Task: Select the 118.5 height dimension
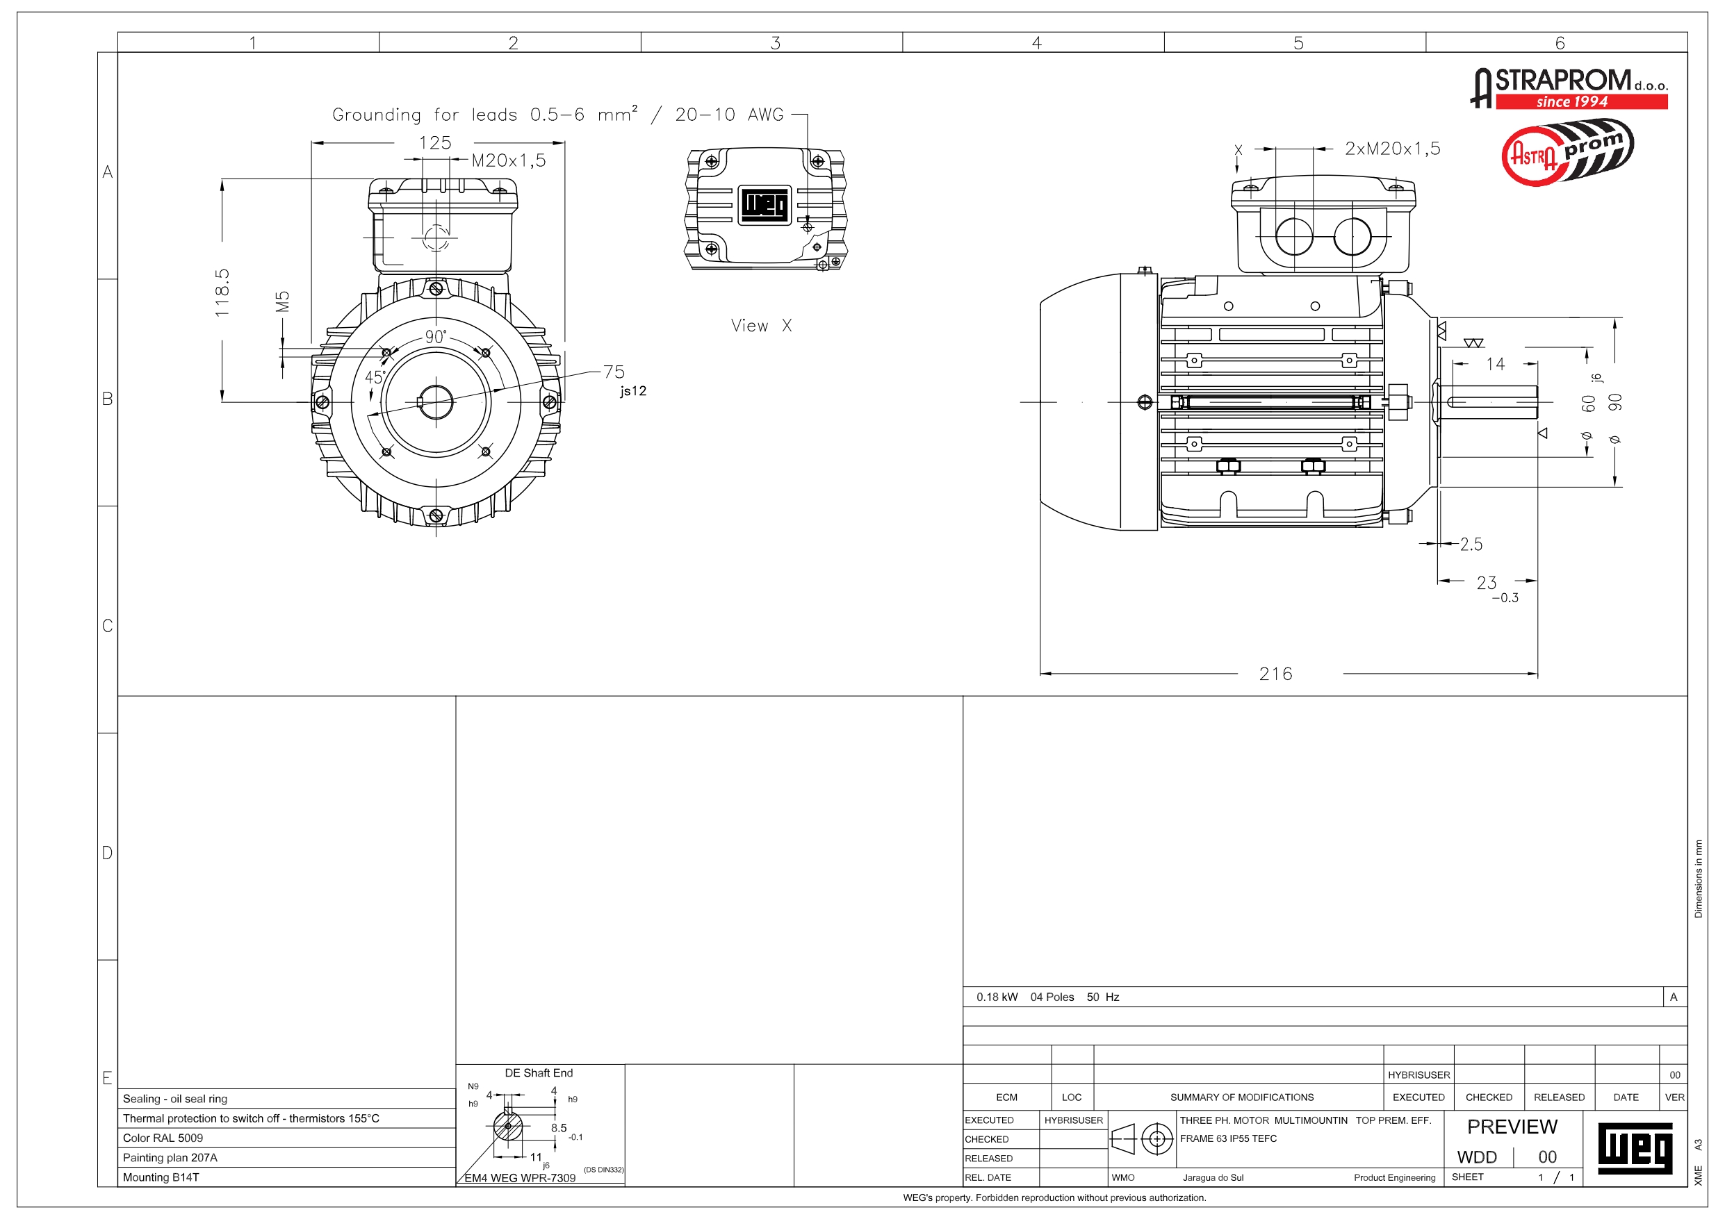point(222,292)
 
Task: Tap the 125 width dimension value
point(435,142)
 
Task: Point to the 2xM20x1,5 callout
point(1392,149)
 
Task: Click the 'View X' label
point(760,325)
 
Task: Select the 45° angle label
point(375,377)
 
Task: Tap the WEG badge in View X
point(765,204)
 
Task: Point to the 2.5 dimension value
point(1471,545)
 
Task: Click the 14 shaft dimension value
point(1495,364)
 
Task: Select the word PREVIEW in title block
point(1512,1127)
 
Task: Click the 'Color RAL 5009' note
point(163,1138)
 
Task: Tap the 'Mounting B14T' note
point(161,1177)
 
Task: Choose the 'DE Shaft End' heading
point(538,1072)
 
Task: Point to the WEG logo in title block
point(1634,1147)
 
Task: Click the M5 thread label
point(282,301)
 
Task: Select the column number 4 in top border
point(1036,43)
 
